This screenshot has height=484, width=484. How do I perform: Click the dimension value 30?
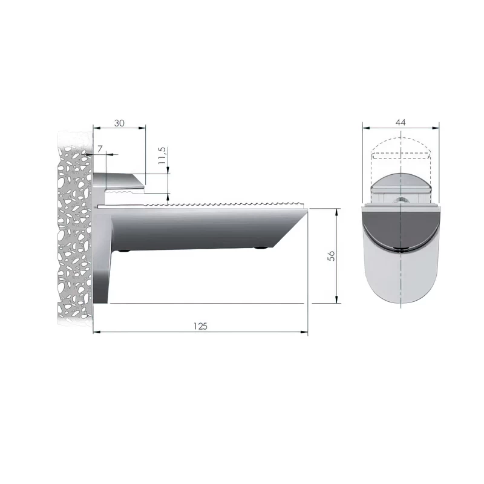(x=119, y=123)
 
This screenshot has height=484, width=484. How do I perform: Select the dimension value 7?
(x=100, y=149)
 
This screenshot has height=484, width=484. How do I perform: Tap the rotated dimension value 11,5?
(x=162, y=155)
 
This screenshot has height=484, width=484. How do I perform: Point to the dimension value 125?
(x=200, y=326)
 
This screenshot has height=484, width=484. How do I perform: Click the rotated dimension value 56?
(x=331, y=255)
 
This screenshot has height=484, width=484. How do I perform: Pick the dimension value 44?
(x=401, y=123)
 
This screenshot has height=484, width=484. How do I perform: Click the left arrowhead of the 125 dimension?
(x=97, y=332)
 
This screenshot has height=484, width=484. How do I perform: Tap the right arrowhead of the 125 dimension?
(x=304, y=332)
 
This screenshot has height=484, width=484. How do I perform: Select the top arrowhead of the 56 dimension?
(x=337, y=212)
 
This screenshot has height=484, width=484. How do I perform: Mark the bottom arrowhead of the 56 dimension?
(x=337, y=299)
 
